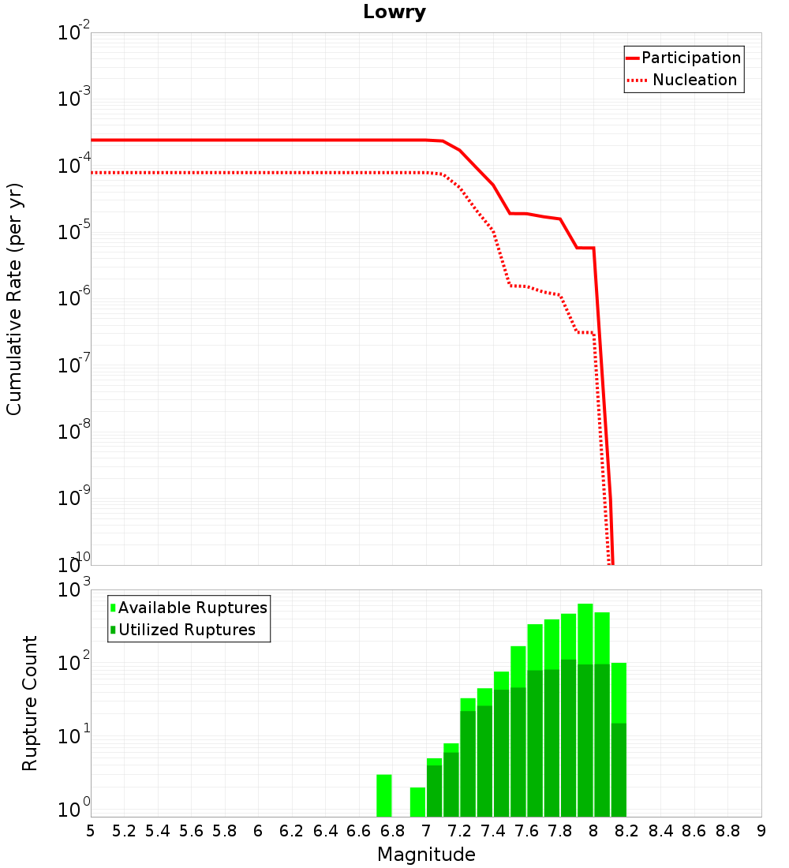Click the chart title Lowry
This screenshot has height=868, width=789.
(394, 13)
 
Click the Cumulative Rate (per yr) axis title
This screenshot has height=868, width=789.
(14, 299)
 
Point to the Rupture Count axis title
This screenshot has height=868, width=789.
(30, 703)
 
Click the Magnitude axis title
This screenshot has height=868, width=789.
(426, 855)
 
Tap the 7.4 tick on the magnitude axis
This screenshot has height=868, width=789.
(493, 831)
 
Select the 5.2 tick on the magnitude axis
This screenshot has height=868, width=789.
(124, 831)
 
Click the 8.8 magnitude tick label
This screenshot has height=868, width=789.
(727, 831)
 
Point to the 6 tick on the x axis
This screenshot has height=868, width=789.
(258, 831)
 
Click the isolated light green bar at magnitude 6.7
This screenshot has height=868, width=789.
(384, 795)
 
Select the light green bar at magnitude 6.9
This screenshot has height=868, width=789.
(417, 802)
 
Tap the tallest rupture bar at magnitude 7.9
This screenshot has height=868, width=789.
(585, 710)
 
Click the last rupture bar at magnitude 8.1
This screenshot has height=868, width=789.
(619, 739)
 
